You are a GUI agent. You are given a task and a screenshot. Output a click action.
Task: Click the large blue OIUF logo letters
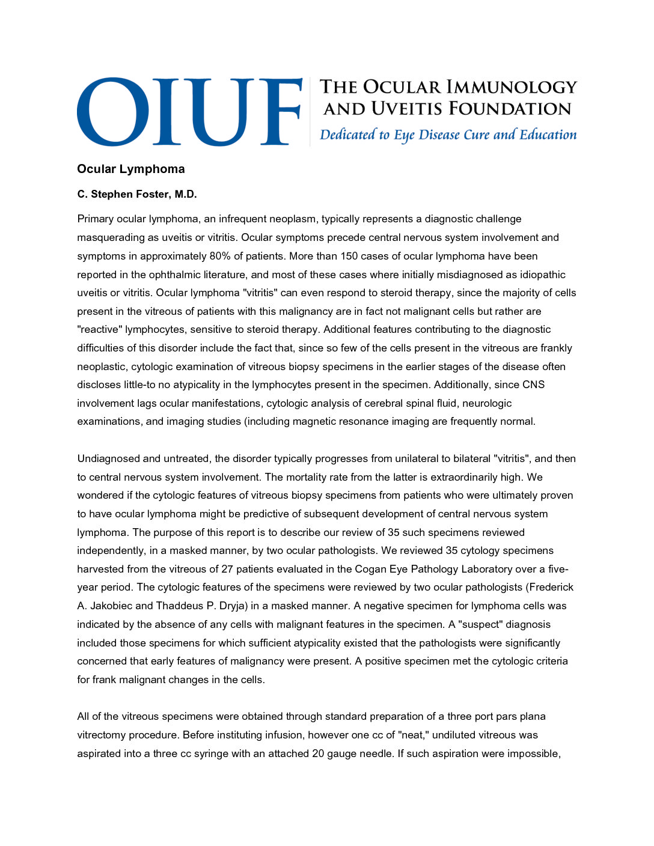point(189,112)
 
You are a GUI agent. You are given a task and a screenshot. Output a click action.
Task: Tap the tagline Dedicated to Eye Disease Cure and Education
point(448,135)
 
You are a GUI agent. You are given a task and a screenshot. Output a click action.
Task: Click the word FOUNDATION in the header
point(510,109)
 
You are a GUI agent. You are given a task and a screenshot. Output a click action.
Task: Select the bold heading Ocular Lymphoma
point(130,169)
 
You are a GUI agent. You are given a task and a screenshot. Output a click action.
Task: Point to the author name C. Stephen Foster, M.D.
point(136,195)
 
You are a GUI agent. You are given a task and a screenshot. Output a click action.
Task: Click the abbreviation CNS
point(533,385)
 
